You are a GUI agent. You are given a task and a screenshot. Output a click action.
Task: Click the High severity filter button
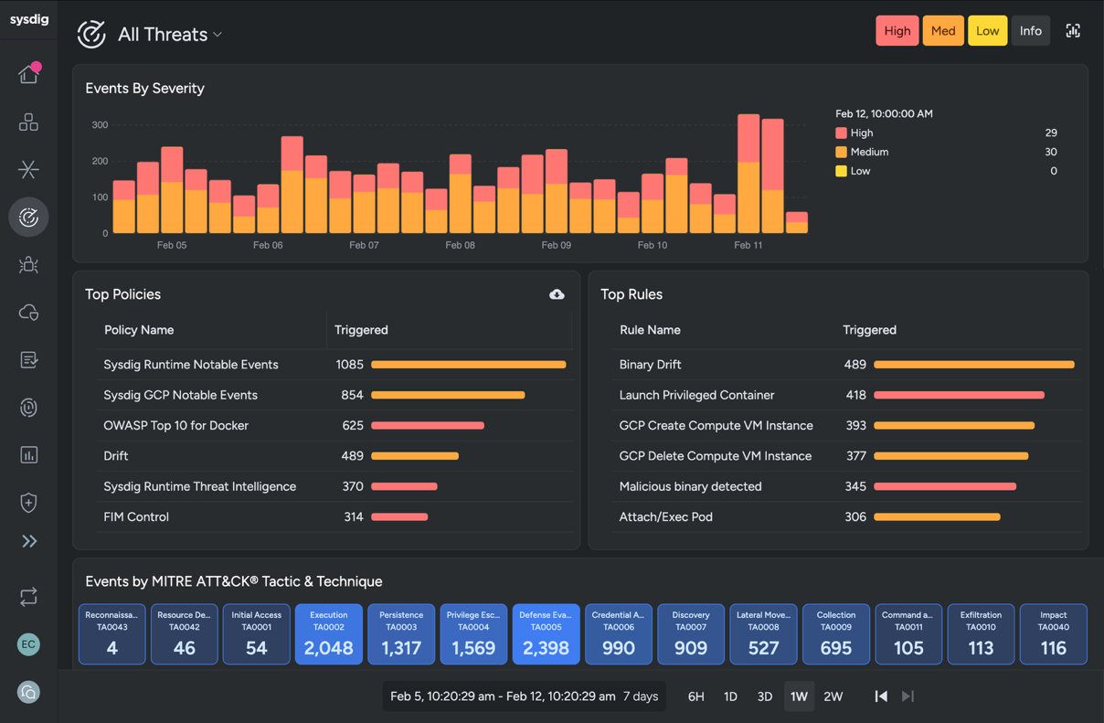click(897, 31)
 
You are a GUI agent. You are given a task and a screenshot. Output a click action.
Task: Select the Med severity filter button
click(942, 31)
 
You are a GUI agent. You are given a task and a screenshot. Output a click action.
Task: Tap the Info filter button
click(1030, 31)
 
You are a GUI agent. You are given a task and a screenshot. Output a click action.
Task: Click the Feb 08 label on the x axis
click(460, 245)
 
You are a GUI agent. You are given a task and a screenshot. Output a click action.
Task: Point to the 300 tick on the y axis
click(100, 125)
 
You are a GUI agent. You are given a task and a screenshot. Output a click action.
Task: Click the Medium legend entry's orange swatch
click(841, 152)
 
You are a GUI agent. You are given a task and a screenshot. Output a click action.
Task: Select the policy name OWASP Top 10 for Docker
click(175, 425)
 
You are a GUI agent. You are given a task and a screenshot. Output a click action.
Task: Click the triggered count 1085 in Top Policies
click(349, 365)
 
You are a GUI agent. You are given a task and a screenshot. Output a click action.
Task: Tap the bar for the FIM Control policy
click(399, 517)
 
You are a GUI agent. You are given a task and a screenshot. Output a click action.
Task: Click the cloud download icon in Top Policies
click(557, 294)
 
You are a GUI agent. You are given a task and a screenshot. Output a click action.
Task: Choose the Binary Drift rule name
click(650, 365)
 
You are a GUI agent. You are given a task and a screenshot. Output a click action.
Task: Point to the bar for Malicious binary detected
click(945, 486)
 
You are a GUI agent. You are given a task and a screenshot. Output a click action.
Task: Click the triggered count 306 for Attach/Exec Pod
click(855, 517)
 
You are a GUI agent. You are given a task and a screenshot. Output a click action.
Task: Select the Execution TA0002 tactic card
click(328, 633)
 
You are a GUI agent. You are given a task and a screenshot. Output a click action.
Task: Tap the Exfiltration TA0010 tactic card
click(981, 633)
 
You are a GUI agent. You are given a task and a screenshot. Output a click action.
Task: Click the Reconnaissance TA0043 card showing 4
click(111, 633)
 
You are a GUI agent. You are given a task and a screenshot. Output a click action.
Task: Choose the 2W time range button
click(833, 696)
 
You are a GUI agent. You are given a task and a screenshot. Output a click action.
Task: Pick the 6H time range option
click(695, 696)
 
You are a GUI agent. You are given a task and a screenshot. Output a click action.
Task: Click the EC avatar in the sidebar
click(28, 644)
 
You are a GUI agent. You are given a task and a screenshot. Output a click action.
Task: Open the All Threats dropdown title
click(169, 35)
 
